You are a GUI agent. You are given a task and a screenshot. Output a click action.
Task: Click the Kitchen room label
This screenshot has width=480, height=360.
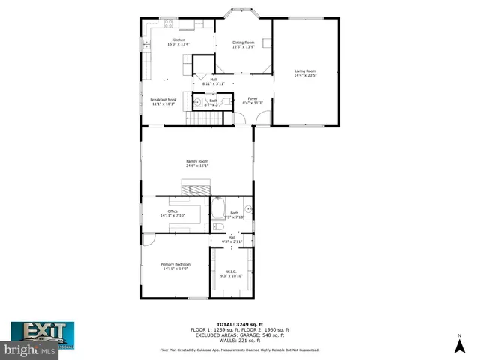(178, 42)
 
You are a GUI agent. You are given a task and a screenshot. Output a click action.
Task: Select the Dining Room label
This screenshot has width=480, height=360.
(244, 45)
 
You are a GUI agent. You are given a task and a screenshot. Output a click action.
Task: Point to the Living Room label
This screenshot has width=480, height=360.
(305, 73)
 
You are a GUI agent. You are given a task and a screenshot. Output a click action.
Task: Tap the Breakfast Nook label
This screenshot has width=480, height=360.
(163, 102)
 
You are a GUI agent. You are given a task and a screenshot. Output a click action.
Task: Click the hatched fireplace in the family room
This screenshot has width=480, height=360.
(196, 187)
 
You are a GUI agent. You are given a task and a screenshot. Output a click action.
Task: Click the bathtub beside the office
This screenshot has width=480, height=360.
(218, 207)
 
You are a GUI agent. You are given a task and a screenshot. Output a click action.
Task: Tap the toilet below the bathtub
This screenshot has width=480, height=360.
(218, 226)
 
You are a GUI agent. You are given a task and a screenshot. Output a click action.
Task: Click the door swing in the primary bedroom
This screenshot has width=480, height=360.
(149, 240)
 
